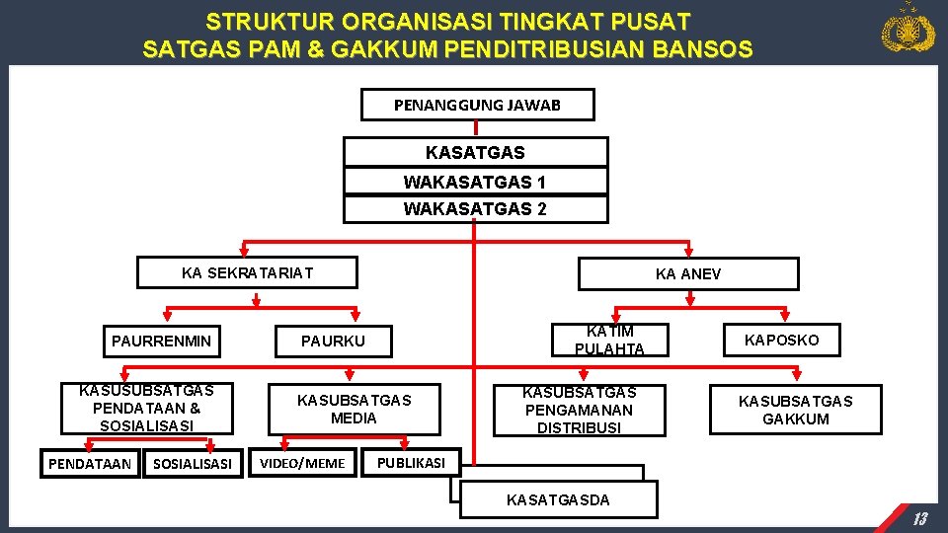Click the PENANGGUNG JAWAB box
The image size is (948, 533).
tap(477, 105)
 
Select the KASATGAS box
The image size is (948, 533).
tap(475, 153)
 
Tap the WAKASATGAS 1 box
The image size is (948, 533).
tap(475, 183)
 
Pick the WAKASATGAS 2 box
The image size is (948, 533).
tap(475, 209)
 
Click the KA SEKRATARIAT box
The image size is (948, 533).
tap(247, 272)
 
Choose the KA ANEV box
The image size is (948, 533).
tap(688, 273)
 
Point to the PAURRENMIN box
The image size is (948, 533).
tap(161, 342)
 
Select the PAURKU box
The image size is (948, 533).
tap(333, 342)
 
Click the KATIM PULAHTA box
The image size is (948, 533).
tap(609, 340)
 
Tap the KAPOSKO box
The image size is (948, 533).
tap(781, 340)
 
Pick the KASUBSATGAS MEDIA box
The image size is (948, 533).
tap(354, 409)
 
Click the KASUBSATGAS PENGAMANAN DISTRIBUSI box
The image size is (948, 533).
tap(580, 410)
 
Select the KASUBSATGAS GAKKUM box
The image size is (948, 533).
tap(796, 410)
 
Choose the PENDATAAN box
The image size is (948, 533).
tap(90, 463)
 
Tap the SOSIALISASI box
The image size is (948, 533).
tap(193, 463)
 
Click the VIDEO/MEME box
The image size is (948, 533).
tap(302, 463)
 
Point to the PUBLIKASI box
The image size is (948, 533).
tap(411, 462)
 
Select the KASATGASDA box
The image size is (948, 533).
tap(558, 499)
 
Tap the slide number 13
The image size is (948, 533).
tap(918, 519)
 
